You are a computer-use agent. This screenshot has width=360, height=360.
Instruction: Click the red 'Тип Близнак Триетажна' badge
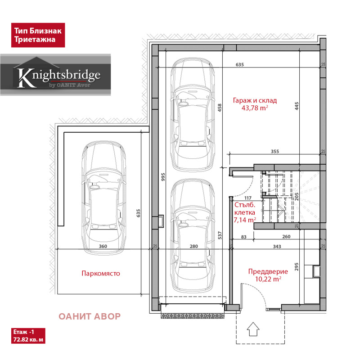click(38, 35)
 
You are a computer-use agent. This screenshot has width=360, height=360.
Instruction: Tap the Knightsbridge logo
click(55, 75)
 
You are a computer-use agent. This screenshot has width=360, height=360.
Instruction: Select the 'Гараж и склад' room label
click(255, 100)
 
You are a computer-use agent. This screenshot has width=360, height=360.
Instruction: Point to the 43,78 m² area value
click(255, 108)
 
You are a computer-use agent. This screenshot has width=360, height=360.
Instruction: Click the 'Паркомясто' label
click(101, 273)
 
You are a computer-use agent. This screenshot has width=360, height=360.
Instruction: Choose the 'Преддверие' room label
click(268, 271)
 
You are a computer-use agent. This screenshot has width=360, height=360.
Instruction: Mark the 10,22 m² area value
click(268, 279)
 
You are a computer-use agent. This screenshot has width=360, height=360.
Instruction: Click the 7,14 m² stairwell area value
click(245, 220)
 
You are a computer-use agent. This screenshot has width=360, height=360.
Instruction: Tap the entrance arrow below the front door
click(253, 329)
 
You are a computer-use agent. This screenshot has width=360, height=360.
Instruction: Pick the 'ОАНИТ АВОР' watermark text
click(90, 316)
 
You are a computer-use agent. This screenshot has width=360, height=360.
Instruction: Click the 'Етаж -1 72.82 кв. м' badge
click(28, 336)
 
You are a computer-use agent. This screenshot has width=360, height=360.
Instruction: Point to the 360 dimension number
click(103, 246)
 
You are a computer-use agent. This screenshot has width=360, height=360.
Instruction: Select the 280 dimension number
click(194, 246)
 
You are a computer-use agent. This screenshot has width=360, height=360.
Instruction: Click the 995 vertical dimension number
click(163, 177)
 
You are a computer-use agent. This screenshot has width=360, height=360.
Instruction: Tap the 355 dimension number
click(275, 151)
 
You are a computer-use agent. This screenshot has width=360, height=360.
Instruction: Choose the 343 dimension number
click(277, 246)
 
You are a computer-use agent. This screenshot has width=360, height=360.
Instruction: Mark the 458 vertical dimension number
click(220, 108)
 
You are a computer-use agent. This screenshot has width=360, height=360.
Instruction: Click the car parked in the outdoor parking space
click(104, 198)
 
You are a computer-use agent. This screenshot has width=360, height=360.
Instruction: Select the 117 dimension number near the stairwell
click(248, 198)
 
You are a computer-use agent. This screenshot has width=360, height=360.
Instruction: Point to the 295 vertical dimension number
click(297, 267)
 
